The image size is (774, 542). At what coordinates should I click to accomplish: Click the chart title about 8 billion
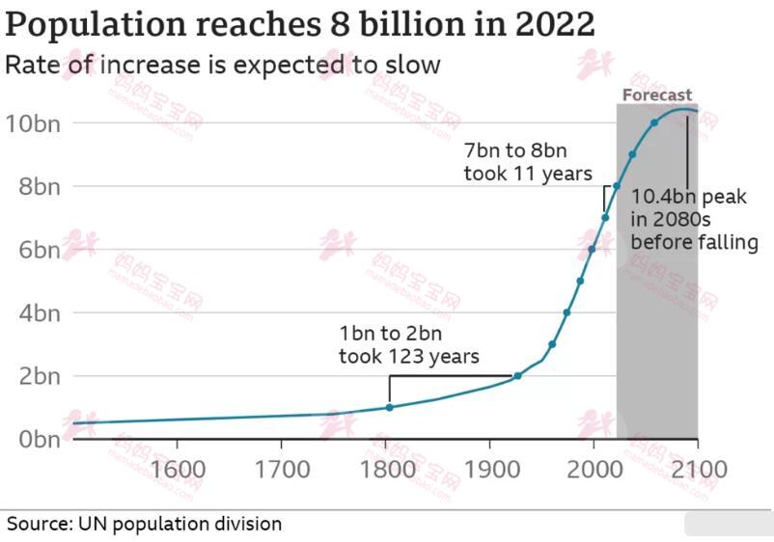300,24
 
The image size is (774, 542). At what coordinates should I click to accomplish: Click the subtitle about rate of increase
223,66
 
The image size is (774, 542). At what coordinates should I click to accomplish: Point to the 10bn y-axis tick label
32,122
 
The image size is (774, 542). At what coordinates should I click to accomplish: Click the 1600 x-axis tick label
179,470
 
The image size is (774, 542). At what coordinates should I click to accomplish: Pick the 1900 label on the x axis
489,470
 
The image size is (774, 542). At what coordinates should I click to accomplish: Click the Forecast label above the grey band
656,95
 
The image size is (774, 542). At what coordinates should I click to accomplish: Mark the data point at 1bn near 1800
389,407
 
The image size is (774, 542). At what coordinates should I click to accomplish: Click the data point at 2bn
517,375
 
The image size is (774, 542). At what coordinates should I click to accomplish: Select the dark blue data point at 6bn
592,249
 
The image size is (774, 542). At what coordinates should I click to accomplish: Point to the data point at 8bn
617,185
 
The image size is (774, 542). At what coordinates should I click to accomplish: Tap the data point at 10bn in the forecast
654,122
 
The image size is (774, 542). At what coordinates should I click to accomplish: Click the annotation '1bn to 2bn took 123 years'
408,345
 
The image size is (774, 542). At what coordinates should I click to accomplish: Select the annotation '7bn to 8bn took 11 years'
527,163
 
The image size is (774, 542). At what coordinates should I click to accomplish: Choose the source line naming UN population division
145,524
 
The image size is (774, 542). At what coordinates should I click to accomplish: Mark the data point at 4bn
567,312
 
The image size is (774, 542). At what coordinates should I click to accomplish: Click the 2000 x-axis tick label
593,470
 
